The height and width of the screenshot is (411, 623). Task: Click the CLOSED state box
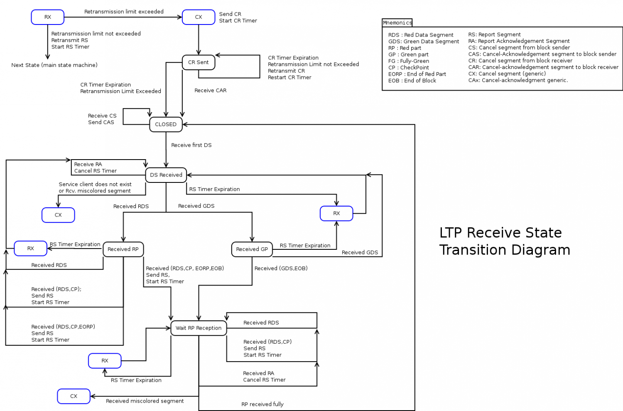point(166,124)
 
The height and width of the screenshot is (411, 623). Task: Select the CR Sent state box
point(199,62)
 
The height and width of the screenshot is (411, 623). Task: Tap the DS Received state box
point(166,175)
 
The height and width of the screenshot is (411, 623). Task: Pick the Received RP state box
point(123,249)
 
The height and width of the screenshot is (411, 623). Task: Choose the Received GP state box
point(252,249)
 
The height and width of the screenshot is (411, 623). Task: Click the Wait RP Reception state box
point(199,328)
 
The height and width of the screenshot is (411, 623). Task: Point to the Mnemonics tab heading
point(397,23)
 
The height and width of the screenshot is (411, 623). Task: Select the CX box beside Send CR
point(199,17)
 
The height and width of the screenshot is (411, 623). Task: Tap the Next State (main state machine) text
point(54,65)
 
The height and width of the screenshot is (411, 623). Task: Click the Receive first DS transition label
point(191,145)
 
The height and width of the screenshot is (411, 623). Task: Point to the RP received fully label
point(262,404)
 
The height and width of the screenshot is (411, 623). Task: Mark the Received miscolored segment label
point(145,401)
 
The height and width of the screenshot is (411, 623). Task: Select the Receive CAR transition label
point(211,90)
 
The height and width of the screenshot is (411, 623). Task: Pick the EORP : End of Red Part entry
point(417,74)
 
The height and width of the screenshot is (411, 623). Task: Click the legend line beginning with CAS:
point(542,54)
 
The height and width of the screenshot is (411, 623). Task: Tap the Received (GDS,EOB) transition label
point(281,268)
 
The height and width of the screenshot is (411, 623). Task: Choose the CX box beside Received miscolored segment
point(74,396)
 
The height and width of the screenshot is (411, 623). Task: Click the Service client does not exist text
point(95,184)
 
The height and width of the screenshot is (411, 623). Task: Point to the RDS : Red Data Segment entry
point(421,35)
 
